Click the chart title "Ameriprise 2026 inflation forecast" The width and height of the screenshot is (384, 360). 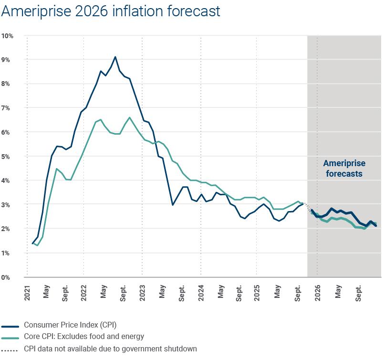[111, 11]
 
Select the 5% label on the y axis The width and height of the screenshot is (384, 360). [8, 157]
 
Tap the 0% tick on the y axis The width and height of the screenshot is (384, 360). [8, 277]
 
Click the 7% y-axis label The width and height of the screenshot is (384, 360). [8, 108]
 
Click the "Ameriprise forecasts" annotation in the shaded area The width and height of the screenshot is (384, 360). [344, 169]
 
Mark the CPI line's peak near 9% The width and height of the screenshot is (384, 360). [115, 57]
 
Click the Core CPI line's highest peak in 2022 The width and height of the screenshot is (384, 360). [130, 117]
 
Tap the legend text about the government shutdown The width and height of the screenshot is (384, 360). [110, 349]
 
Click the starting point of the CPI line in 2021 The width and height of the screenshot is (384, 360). [32, 244]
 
